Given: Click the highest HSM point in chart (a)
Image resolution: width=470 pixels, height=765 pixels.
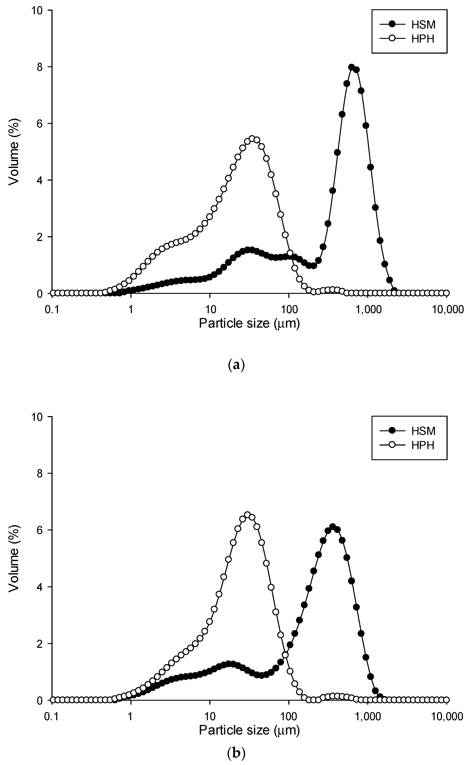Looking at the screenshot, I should [352, 67].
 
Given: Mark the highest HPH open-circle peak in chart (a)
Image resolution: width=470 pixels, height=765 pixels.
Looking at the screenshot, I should [252, 139].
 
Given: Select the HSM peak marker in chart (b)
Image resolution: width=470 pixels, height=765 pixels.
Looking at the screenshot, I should [333, 526].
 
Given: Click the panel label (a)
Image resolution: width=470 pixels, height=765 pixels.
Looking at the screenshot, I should [236, 364].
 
